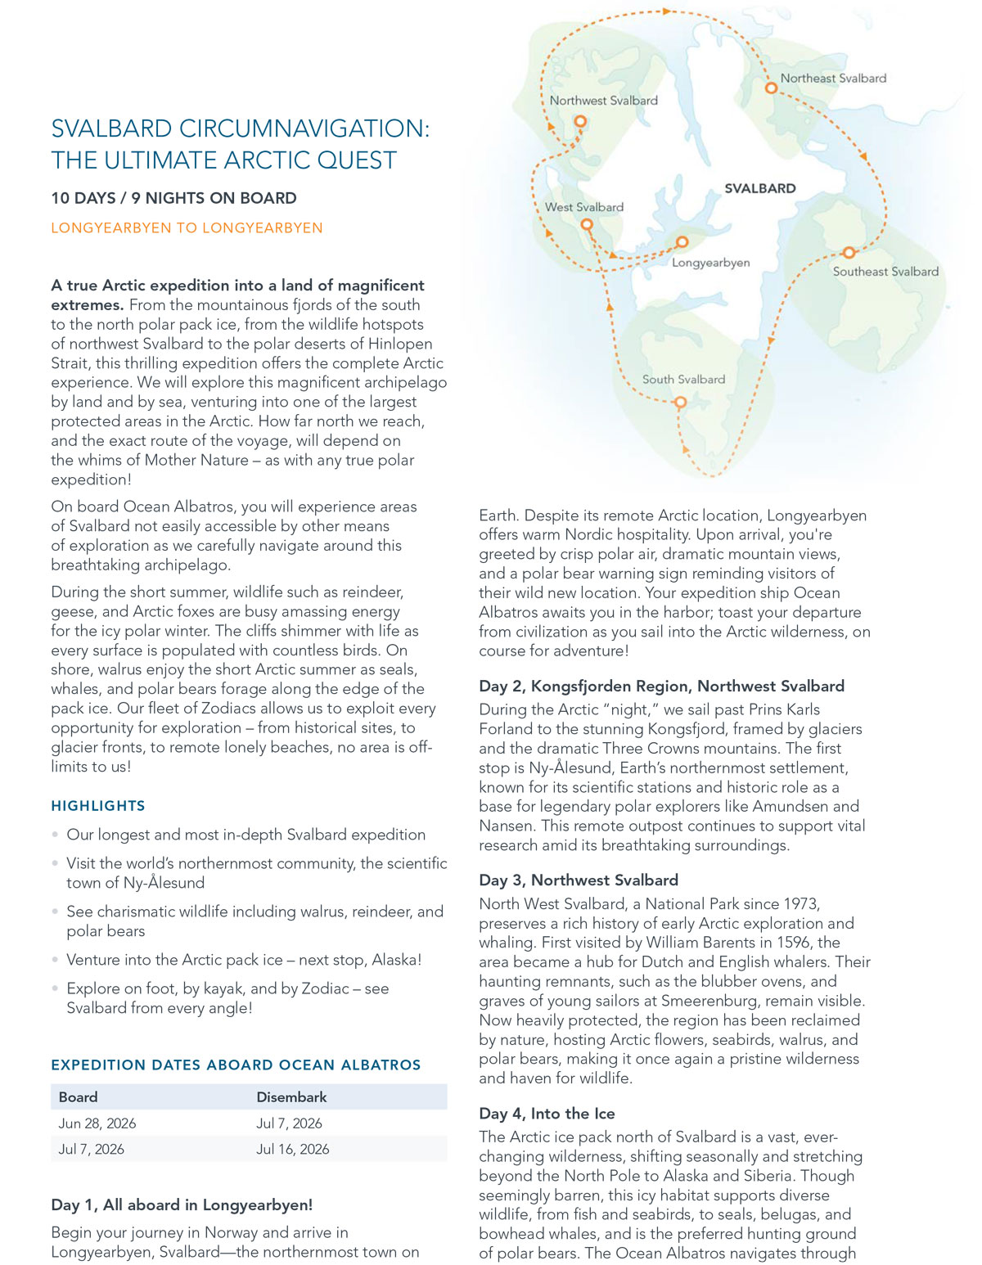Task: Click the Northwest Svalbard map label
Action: coord(603,101)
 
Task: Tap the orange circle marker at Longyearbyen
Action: coord(682,242)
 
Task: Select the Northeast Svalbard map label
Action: coord(833,79)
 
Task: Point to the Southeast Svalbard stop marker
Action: coord(849,253)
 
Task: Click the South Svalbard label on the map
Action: coord(683,380)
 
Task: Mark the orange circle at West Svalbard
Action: coord(586,224)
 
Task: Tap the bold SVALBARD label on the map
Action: coord(759,188)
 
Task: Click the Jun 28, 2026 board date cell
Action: coord(97,1123)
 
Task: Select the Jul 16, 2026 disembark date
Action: coord(292,1149)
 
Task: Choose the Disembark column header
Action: coord(291,1097)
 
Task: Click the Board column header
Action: coord(78,1097)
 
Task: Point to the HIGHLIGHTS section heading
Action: coord(98,806)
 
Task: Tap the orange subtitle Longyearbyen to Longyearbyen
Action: coord(187,228)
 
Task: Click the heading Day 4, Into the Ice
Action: coord(547,1114)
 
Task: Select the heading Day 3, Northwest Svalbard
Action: coord(579,880)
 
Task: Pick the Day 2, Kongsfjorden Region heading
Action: coord(661,687)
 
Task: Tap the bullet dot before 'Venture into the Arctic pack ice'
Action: coord(56,961)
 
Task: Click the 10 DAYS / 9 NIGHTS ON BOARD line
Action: coord(173,198)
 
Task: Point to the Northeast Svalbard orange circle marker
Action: coord(770,88)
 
